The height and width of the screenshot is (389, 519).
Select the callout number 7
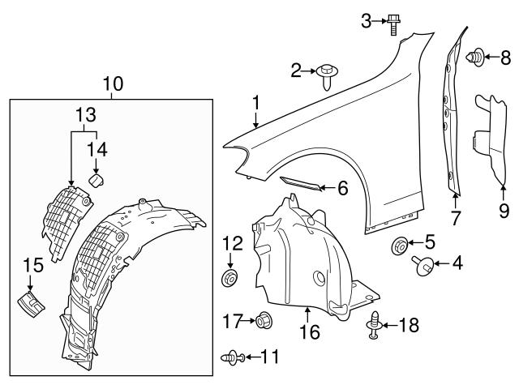(x=456, y=216)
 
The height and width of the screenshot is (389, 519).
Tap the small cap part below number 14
(x=97, y=178)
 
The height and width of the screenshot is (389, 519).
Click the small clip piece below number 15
(x=30, y=304)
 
